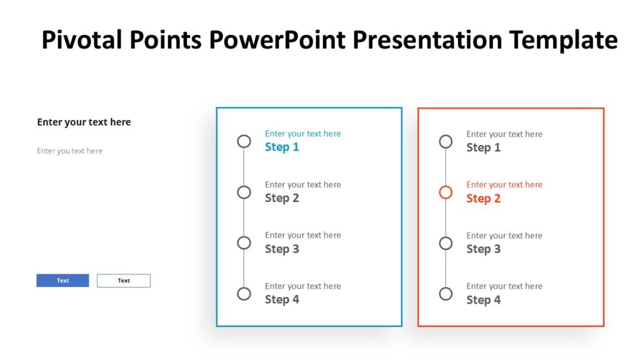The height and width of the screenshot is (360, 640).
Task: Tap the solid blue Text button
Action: point(62,281)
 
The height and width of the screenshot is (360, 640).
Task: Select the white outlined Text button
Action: point(124,281)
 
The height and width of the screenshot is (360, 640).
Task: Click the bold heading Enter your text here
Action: point(84,122)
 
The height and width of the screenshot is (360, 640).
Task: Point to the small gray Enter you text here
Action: point(69,151)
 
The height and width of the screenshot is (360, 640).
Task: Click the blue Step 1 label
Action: point(282,147)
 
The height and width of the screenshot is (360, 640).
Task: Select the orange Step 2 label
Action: point(483,198)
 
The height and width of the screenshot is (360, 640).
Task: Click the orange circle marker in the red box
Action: point(446,192)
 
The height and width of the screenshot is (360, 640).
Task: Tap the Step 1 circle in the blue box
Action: point(244,141)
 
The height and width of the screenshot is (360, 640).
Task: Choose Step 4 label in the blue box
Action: point(282,299)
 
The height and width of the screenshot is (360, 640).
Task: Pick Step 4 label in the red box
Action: point(483,300)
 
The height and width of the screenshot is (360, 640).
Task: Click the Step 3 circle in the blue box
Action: point(244,243)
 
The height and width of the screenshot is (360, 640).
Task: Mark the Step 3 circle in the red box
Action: point(446,243)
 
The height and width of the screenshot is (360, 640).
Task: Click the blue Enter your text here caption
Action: point(302,134)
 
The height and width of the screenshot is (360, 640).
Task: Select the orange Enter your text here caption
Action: point(504,184)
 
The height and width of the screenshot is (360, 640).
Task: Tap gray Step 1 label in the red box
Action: point(483,147)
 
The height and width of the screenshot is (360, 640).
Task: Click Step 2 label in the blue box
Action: point(282,198)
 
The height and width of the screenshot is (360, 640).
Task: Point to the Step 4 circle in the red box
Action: point(446,294)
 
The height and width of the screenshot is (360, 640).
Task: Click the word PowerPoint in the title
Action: point(277,40)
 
